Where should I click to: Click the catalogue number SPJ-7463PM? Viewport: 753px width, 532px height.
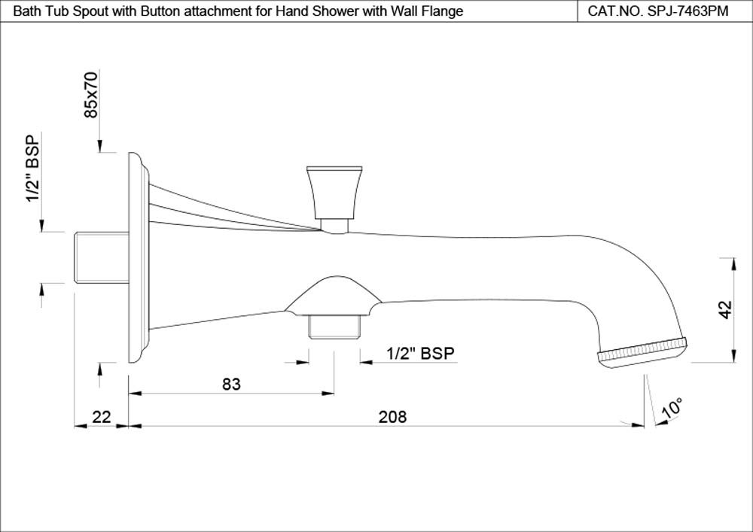pyautogui.click(x=687, y=11)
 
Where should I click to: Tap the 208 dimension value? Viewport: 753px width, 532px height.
pyautogui.click(x=392, y=416)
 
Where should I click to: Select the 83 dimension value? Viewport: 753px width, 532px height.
pyautogui.click(x=231, y=384)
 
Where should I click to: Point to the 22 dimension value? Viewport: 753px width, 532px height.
pyautogui.click(x=102, y=416)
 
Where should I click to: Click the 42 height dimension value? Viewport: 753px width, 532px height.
pyautogui.click(x=725, y=309)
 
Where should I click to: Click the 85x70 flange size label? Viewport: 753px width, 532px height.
pyautogui.click(x=90, y=95)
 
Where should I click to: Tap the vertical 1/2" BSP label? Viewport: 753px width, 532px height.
pyautogui.click(x=32, y=169)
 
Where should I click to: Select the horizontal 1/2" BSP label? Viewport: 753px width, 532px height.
pyautogui.click(x=420, y=354)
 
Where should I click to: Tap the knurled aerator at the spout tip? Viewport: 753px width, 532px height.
pyautogui.click(x=642, y=353)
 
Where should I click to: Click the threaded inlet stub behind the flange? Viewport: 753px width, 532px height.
pyautogui.click(x=102, y=257)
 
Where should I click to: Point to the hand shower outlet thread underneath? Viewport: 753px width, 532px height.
pyautogui.click(x=334, y=327)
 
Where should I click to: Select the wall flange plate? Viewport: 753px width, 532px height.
pyautogui.click(x=139, y=257)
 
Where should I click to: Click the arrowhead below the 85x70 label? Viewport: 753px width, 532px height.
pyautogui.click(x=99, y=146)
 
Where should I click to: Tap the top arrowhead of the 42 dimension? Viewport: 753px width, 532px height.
pyautogui.click(x=733, y=264)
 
